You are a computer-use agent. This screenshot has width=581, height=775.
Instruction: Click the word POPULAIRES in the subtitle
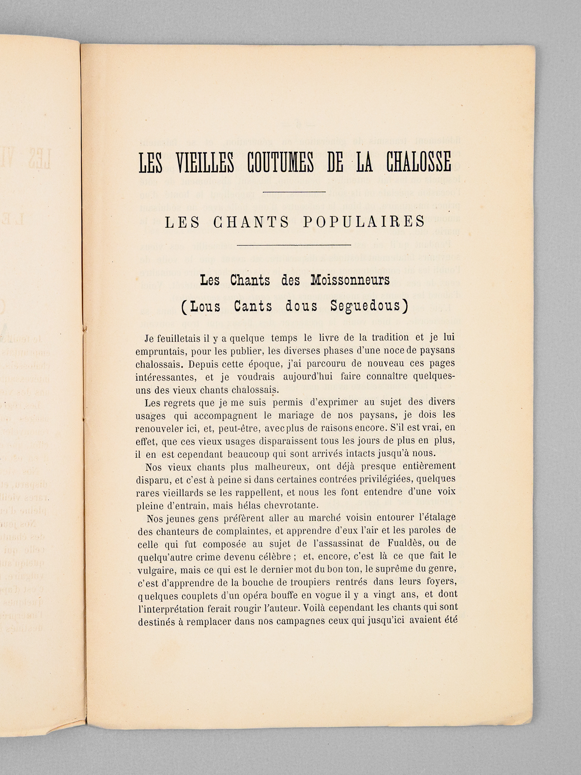point(364,221)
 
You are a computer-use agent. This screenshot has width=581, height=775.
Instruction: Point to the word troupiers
point(306,582)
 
